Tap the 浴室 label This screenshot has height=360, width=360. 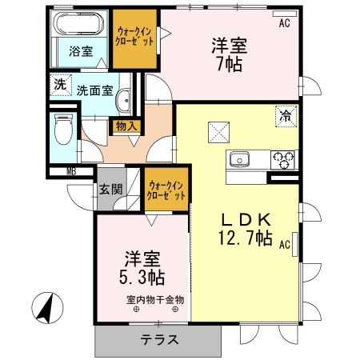coord(80,52)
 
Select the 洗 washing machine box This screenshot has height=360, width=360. coord(60,83)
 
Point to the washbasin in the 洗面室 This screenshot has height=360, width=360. coord(125,100)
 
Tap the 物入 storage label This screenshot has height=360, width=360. coord(127,126)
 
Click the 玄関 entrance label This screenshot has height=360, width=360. coord(110,190)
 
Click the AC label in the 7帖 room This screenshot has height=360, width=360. coord(284,24)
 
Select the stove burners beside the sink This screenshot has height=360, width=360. coord(282,159)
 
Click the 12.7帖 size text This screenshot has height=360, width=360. coord(245,238)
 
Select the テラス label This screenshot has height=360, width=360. coord(161,339)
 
